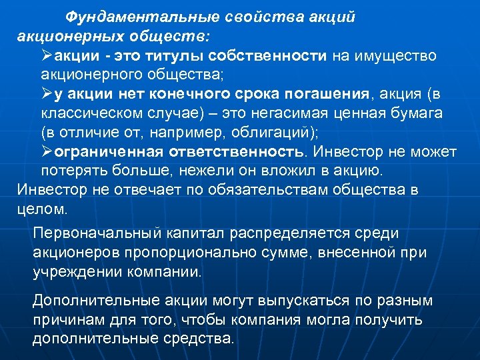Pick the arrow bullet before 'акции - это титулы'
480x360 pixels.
[47, 55]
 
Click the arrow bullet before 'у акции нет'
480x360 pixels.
[47, 93]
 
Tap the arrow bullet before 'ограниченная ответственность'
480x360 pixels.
[47, 152]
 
